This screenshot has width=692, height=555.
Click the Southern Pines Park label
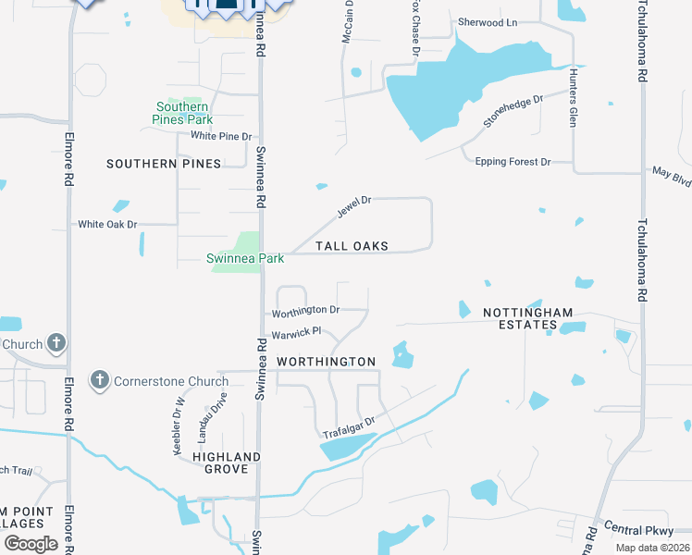(x=183, y=113)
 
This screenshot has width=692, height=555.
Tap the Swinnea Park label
(x=245, y=259)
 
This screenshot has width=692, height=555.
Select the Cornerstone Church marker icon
(x=100, y=380)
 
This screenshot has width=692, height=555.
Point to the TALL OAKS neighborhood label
(x=352, y=246)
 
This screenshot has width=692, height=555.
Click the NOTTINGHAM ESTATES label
(x=528, y=319)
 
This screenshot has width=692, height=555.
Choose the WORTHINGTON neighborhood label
(x=327, y=362)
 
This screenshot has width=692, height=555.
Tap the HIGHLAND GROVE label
(x=227, y=462)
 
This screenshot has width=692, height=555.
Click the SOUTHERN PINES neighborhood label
(x=164, y=164)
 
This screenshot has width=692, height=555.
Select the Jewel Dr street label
(x=353, y=206)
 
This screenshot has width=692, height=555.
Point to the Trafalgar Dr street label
(x=348, y=428)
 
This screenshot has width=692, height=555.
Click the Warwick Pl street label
(x=295, y=332)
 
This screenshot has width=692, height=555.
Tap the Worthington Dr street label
(x=306, y=310)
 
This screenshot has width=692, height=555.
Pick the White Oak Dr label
(x=107, y=224)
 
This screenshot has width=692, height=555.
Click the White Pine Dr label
(x=221, y=136)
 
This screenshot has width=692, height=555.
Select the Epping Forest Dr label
(x=513, y=162)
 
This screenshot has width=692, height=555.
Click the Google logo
(x=31, y=544)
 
